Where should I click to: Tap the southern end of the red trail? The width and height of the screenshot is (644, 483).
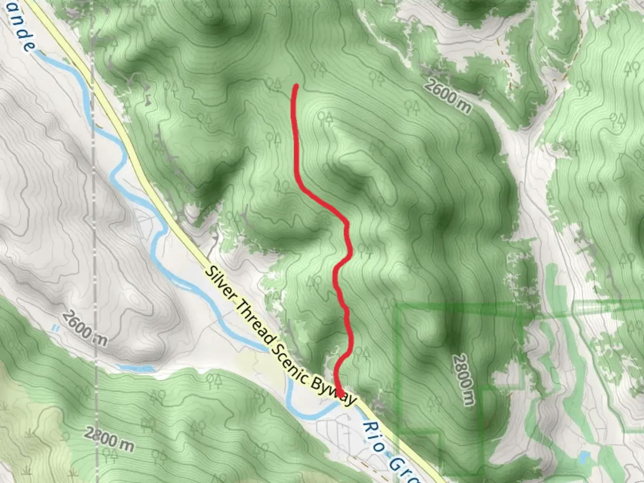pos(340,394)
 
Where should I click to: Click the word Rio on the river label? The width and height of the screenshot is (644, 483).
pos(371,432)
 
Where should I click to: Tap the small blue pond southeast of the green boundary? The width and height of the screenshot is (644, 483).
pos(584,458)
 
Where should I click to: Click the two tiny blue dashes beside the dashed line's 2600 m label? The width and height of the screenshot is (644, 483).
pos(55,328)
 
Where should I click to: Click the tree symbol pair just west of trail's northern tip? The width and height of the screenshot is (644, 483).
pos(272,84)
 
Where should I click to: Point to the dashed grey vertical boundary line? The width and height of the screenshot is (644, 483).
pos(95,224)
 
